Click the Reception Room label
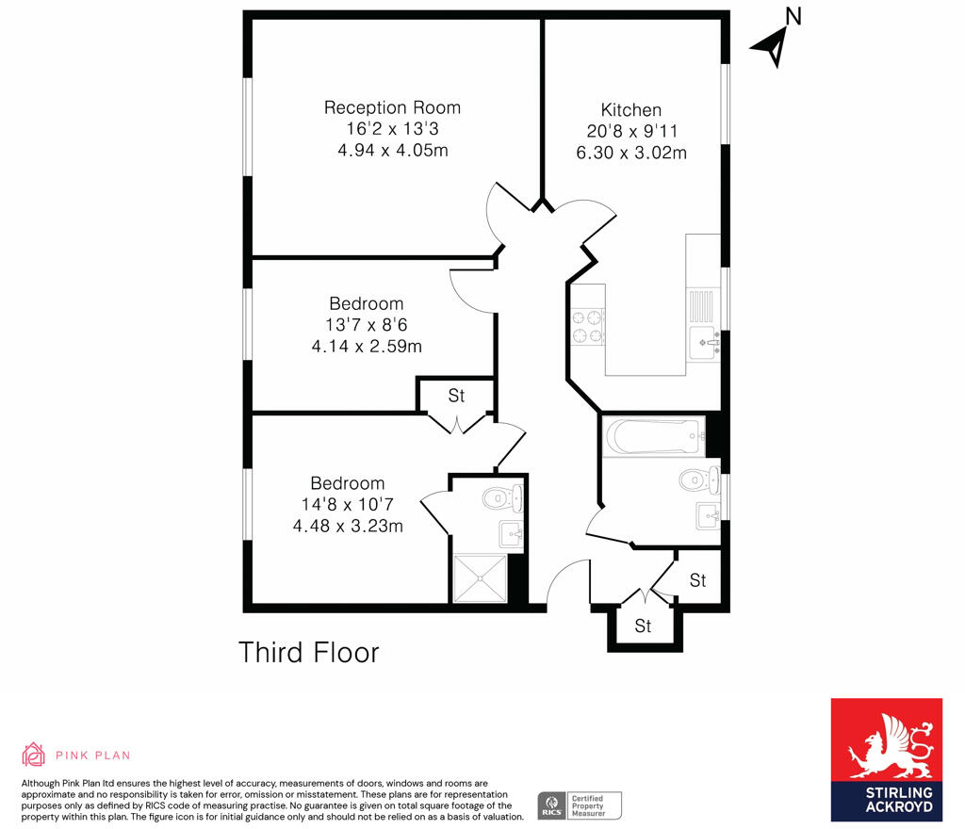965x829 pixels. pyautogui.click(x=392, y=107)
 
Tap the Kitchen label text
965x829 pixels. pyautogui.click(x=631, y=110)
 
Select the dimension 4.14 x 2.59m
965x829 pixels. pyautogui.click(x=367, y=346)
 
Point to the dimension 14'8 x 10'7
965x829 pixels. pyautogui.click(x=348, y=505)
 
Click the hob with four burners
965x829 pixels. pyautogui.click(x=589, y=325)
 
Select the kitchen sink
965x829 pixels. pyautogui.click(x=703, y=341)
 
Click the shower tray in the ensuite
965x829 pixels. pyautogui.click(x=480, y=578)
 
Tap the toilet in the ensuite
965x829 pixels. pyautogui.click(x=500, y=496)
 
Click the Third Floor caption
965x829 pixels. pyautogui.click(x=308, y=652)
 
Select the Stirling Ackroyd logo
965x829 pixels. pyautogui.click(x=886, y=758)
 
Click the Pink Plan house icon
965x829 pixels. pyautogui.click(x=33, y=754)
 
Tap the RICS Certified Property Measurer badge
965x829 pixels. pyautogui.click(x=580, y=805)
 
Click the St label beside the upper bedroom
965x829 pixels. pyautogui.click(x=456, y=396)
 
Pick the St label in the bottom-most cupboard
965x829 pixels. pyautogui.click(x=644, y=626)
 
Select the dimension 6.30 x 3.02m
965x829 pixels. pyautogui.click(x=630, y=153)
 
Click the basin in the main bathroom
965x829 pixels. pyautogui.click(x=708, y=514)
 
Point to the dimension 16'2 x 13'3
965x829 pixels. pyautogui.click(x=392, y=130)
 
